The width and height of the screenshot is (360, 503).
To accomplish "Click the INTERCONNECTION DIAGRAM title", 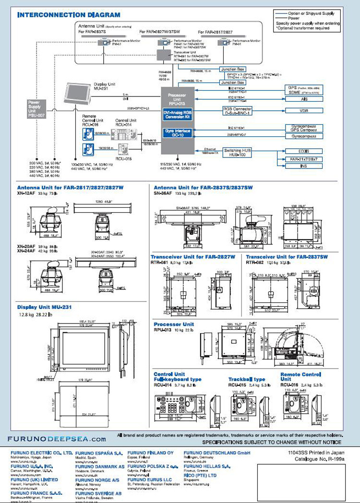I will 69,15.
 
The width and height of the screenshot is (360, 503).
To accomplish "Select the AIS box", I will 303,98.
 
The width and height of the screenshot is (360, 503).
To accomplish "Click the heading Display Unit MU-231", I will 45,307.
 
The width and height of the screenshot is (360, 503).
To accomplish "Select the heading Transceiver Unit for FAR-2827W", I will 192,257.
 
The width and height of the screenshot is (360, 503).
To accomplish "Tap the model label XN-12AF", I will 27,193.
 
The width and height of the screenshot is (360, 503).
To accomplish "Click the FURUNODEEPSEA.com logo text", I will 57,438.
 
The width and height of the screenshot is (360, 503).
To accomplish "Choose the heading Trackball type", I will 246,379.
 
